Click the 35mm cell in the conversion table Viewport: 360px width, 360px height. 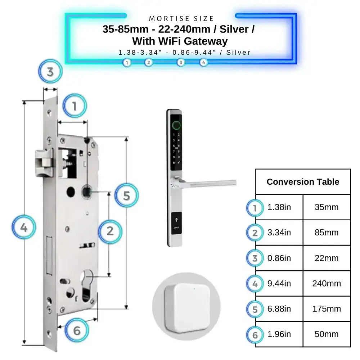coord(327,207)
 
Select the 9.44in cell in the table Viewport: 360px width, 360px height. coord(279,284)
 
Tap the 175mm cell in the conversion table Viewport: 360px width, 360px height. coord(327,309)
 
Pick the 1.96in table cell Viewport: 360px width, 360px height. coord(279,334)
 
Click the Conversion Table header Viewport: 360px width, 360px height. coord(303,182)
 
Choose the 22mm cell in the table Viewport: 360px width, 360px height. coord(327,258)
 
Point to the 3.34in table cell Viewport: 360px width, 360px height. coord(279,233)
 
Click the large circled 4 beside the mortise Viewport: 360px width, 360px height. coord(24,228)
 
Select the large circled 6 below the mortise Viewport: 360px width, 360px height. coord(77,330)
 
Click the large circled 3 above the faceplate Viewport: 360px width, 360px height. coord(50,71)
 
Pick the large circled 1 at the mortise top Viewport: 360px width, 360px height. coord(75,106)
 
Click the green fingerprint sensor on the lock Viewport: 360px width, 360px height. coord(176,126)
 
